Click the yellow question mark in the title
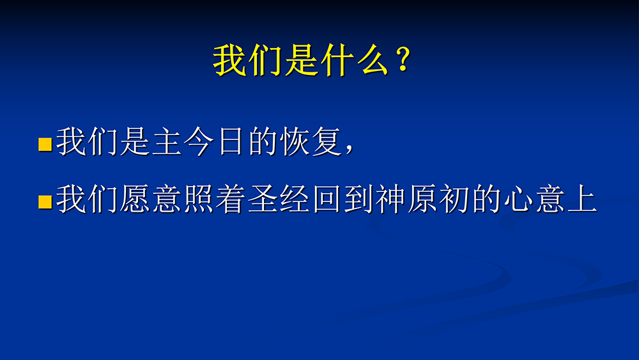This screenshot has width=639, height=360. tap(403, 59)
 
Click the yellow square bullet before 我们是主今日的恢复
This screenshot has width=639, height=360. tap(45, 145)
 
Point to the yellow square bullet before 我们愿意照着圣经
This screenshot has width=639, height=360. tap(45, 202)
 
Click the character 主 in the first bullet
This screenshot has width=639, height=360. tap(167, 141)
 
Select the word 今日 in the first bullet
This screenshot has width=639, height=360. tap(214, 141)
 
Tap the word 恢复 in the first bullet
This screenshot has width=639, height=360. tap(311, 141)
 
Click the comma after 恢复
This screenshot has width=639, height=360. tap(349, 149)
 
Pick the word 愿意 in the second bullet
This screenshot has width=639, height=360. tap(151, 199)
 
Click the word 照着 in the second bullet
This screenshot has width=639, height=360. tap(215, 199)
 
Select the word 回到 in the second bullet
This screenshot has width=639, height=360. tap(343, 199)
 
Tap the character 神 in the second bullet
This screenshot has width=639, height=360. tap(391, 199)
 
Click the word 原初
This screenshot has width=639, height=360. tap(439, 199)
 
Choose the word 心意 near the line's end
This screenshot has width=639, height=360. tap(535, 199)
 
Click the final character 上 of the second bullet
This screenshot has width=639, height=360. tap(583, 199)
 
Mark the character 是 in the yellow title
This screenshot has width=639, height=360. tap(302, 61)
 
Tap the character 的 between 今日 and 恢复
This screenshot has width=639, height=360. tap(263, 141)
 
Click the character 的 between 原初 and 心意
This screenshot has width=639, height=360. tap(486, 199)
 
